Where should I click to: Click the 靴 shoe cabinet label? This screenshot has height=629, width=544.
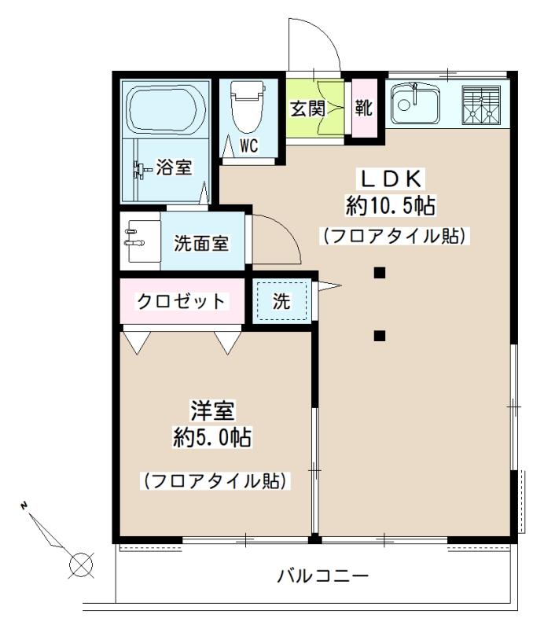[x=364, y=108]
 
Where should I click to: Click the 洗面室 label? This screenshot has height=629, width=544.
[x=200, y=243]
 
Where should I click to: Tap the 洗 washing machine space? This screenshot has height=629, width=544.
[x=281, y=300]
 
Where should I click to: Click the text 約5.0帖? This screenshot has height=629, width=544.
[x=212, y=437]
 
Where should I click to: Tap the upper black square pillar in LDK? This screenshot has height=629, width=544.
[x=379, y=274]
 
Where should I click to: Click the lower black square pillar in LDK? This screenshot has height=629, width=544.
[x=379, y=337]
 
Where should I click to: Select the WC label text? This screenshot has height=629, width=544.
[x=249, y=145]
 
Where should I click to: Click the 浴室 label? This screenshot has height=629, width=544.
[x=172, y=167]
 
